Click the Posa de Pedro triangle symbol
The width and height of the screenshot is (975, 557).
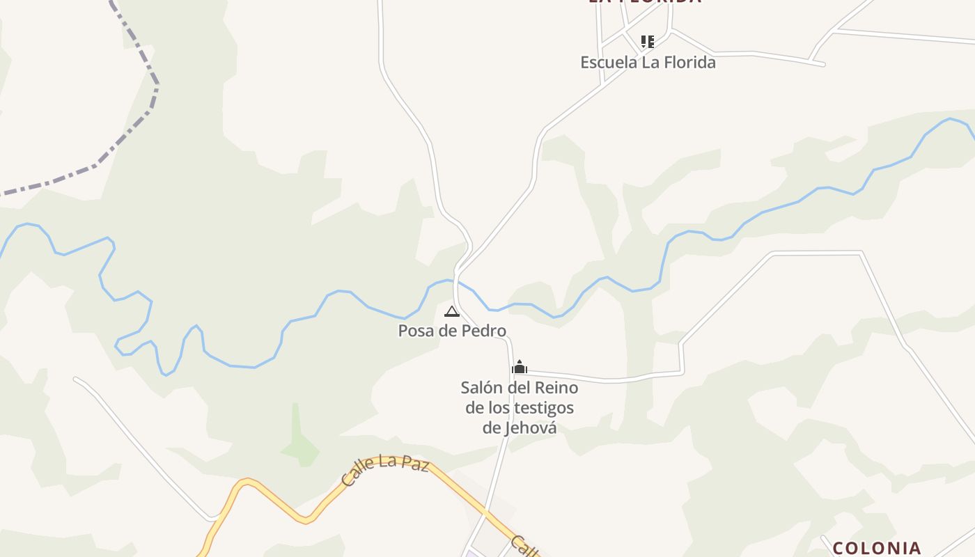[452, 311]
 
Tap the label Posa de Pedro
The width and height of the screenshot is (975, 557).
[452, 331]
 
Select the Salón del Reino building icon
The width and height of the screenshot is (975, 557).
[520, 367]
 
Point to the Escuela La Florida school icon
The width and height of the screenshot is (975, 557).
[648, 42]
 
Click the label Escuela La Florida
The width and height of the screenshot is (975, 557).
[648, 63]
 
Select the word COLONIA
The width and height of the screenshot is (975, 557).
[877, 548]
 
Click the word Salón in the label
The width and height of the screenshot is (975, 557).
[481, 387]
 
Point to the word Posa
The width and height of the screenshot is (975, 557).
[416, 331]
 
